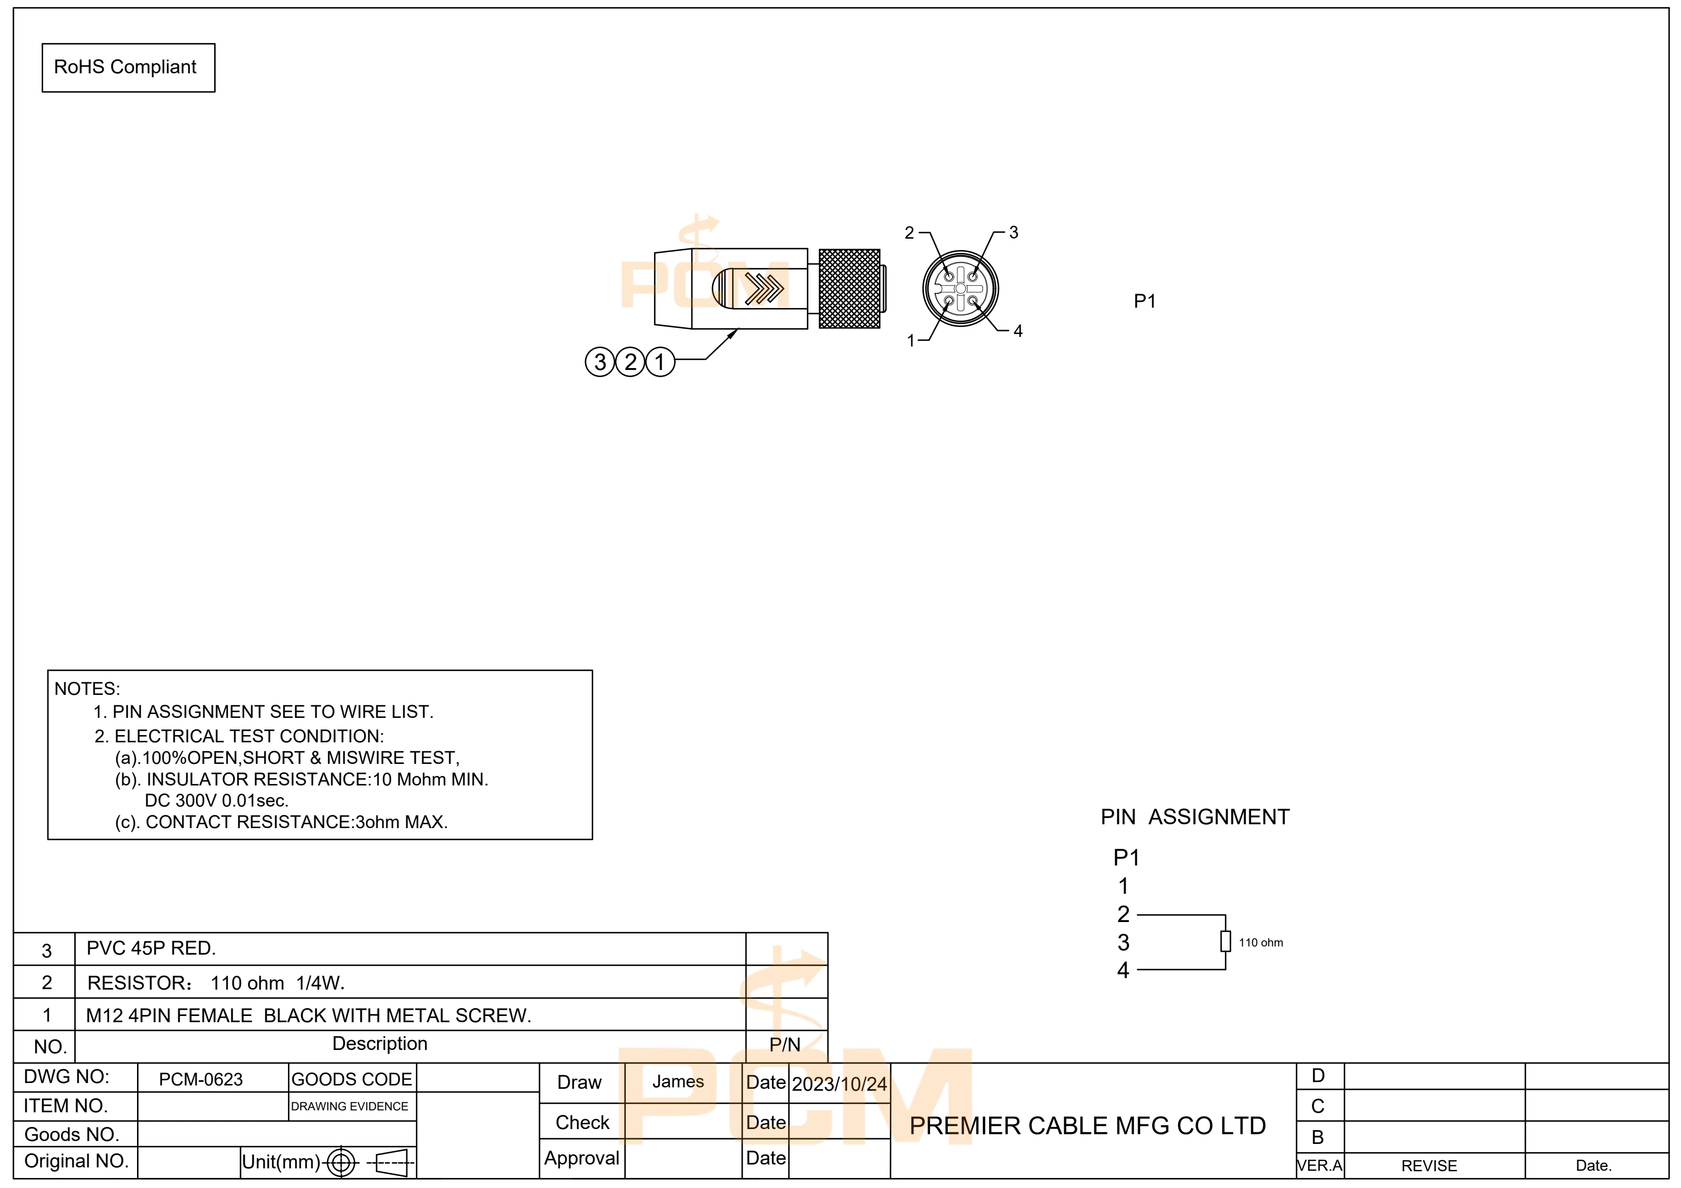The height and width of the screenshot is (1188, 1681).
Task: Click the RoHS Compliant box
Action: coord(128,68)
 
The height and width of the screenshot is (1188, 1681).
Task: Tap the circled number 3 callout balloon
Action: coord(599,362)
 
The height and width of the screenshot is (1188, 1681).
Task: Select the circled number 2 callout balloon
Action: coord(630,362)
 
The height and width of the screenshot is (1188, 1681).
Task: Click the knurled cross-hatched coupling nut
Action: coord(849,288)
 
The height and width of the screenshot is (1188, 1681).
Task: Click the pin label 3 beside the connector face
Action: coord(1013,233)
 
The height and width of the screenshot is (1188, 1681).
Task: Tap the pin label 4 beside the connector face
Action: coord(1018,331)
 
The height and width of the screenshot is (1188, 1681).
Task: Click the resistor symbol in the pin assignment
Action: coord(1225,941)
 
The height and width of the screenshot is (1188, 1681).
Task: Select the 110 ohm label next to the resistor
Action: coord(1261,943)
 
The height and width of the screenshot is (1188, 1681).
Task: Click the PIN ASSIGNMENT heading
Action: coord(1195,817)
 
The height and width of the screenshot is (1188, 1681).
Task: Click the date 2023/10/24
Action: coord(839,1084)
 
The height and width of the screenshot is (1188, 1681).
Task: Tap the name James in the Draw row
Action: coord(678,1081)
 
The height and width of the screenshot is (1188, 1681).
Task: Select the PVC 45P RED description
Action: coord(151,949)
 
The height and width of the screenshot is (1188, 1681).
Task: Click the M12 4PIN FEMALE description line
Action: coord(308,1016)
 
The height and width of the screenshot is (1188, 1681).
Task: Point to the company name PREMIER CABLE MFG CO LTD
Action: coord(1087,1126)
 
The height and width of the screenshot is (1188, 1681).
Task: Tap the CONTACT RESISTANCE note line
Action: coord(281,822)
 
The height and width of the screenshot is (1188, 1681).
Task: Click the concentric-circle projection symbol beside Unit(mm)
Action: coord(341,1162)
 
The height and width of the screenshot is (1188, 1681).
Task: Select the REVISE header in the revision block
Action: coord(1428,1166)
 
